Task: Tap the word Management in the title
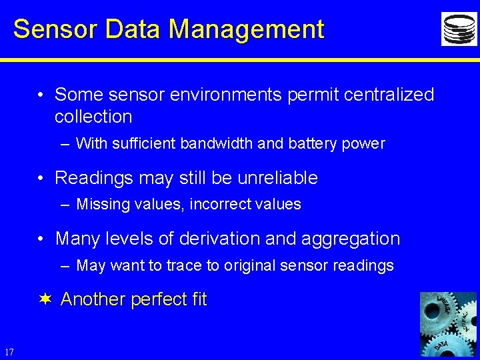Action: [246, 29]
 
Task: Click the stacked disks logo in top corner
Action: [459, 29]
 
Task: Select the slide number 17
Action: [9, 351]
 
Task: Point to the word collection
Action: [93, 117]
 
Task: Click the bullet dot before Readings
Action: [41, 178]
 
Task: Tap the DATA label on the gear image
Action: [441, 345]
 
